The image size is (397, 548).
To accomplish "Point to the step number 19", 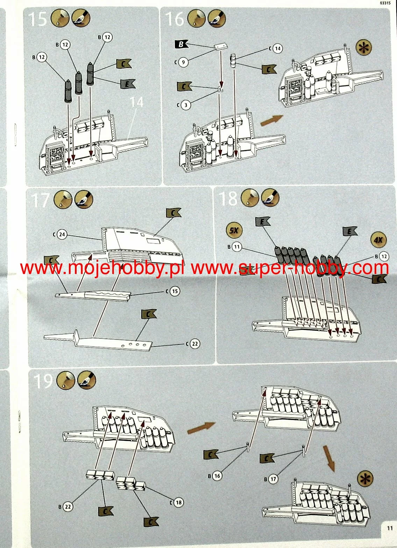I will pos(43,381).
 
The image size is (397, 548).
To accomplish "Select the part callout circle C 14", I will pos(277,48).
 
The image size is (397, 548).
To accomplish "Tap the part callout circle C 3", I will pos(186,104).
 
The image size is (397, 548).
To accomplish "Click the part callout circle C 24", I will pos(62,234).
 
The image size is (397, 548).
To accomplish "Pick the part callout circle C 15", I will pos(175,291).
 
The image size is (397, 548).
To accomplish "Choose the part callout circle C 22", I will pos(195,344).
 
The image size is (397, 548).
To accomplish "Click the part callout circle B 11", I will pos(237,247).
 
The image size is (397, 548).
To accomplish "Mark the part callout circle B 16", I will pos(217,475).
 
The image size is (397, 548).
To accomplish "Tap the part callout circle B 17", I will pos(273,479).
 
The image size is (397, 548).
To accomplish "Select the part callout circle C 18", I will pos(178,502).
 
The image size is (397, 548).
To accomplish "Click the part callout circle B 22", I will pos(68,507).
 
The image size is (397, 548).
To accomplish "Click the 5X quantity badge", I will pos(234,230).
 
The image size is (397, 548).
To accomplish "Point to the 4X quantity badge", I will pos(378,240).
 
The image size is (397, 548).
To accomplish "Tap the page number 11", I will pos(390,528).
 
